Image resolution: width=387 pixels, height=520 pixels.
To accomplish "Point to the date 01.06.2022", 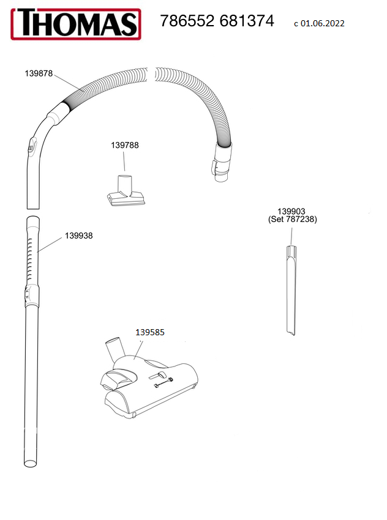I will (x=323, y=24).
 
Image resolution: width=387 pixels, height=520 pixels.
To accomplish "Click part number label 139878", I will (x=39, y=73).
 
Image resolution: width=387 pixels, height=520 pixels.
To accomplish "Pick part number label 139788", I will (x=124, y=146).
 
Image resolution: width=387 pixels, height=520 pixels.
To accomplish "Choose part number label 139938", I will (x=78, y=236).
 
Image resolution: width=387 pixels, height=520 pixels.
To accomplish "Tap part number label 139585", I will (x=150, y=332).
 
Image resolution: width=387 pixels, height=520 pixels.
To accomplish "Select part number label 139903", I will (x=292, y=211).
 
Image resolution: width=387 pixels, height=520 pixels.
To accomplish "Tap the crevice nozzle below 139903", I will (x=290, y=288).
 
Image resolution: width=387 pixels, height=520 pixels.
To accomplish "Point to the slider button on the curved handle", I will (x=31, y=146).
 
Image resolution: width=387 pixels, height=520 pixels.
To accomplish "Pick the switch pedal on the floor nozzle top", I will (x=160, y=374).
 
